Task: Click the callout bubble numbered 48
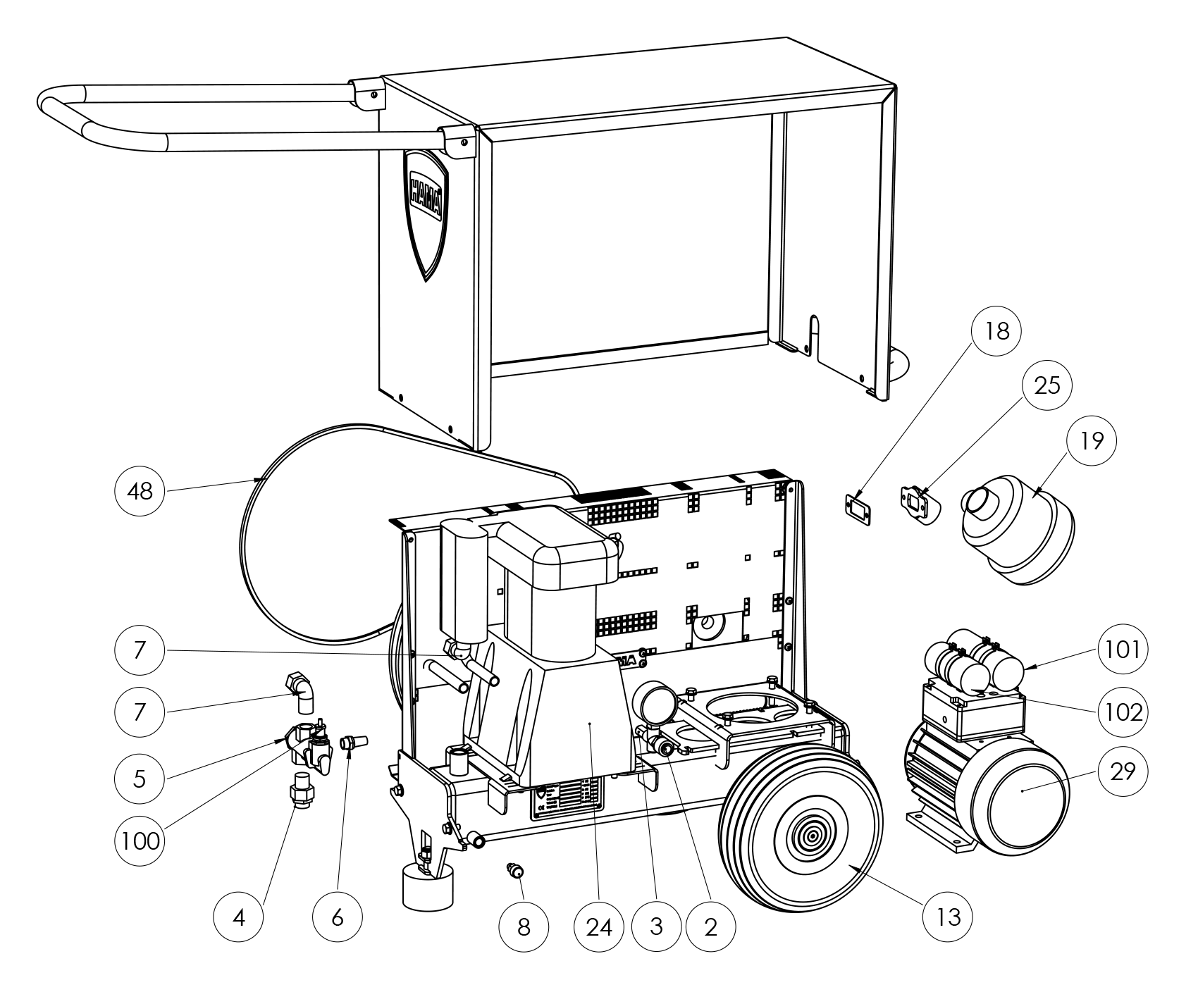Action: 140,491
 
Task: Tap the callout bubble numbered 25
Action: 1046,385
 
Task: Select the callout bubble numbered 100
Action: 140,841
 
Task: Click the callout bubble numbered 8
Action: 523,927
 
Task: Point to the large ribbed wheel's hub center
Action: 811,838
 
